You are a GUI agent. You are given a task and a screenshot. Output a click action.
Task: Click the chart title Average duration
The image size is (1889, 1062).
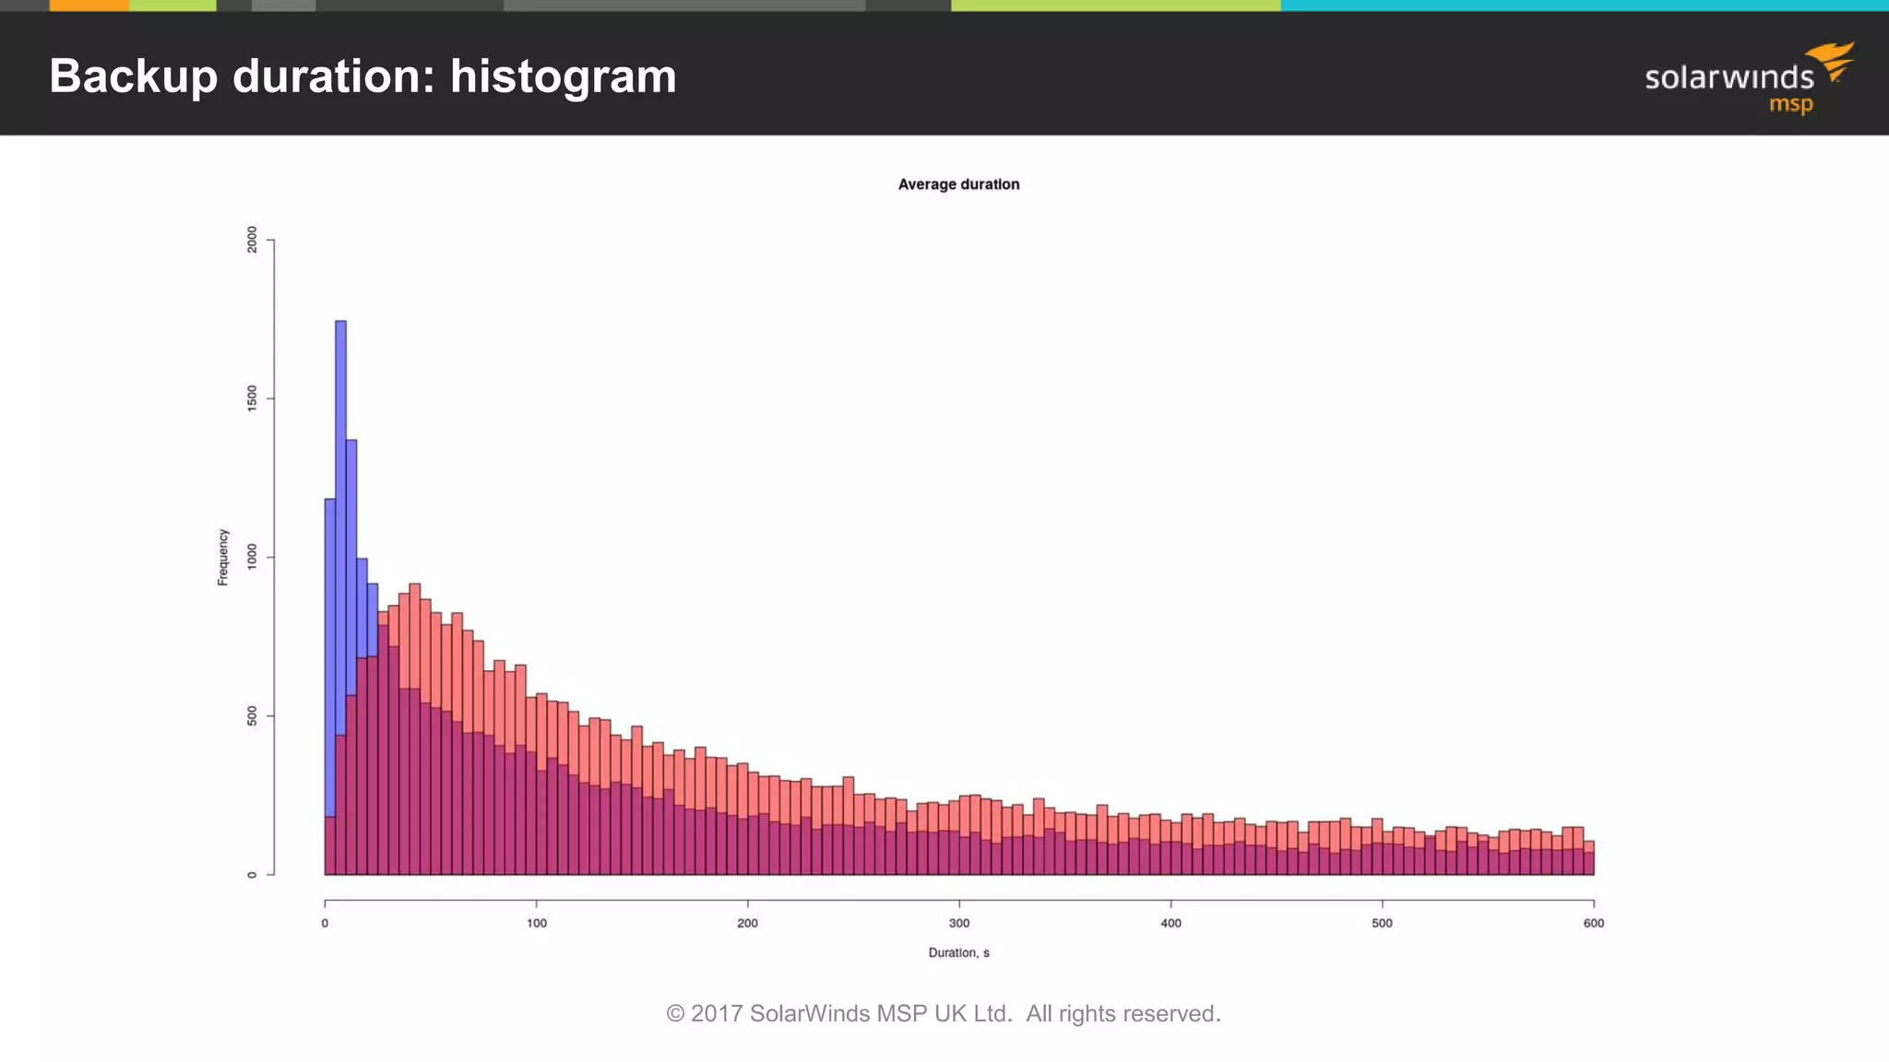tap(958, 184)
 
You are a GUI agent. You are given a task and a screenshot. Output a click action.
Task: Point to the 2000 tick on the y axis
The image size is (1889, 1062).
tap(253, 240)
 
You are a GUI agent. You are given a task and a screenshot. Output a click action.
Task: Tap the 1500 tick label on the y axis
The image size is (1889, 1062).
tap(253, 398)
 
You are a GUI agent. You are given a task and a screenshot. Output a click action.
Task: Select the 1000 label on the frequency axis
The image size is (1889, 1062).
tap(253, 557)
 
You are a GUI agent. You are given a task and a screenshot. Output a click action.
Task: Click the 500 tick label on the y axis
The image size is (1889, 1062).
tap(253, 716)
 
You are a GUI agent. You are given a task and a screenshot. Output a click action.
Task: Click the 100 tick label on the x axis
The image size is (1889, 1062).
tap(536, 923)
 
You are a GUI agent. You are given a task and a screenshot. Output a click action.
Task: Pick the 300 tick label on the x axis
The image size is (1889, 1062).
tap(959, 923)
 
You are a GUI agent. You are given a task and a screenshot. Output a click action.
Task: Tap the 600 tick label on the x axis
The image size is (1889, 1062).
tap(1593, 923)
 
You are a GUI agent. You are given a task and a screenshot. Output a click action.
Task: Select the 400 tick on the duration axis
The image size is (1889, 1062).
tap(1170, 923)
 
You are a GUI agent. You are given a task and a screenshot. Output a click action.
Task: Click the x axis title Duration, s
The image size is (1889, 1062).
tap(958, 952)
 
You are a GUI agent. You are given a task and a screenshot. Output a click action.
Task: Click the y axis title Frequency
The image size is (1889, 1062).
tap(222, 557)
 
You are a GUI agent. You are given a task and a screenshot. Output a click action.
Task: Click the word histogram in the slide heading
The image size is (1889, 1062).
tap(563, 77)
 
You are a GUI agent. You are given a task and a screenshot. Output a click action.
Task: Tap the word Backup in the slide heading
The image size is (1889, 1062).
tap(133, 77)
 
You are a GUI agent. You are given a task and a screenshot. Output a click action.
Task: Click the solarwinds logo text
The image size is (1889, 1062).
tap(1729, 77)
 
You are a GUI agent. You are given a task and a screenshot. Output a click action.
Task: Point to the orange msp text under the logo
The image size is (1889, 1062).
tap(1790, 104)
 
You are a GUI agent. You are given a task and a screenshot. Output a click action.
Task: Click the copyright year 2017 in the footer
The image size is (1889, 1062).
tap(717, 1013)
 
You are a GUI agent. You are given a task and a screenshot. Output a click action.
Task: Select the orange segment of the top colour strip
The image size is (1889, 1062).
tap(89, 6)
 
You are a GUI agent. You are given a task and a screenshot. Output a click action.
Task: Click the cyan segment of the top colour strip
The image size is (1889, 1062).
tap(1583, 6)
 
